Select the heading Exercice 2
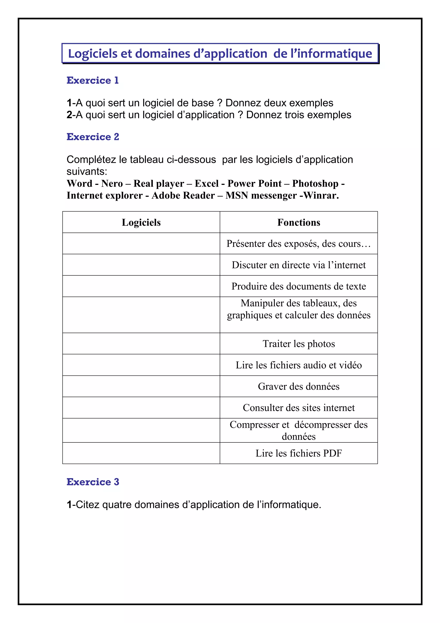(x=93, y=137)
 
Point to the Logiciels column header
(x=141, y=222)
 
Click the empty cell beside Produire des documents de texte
(x=141, y=286)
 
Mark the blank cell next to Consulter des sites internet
(x=141, y=408)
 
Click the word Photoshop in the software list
(x=315, y=184)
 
